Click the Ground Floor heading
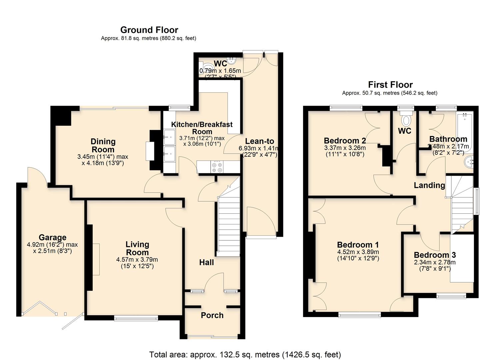coord(149,30)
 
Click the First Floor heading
coord(390,85)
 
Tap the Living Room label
coord(137,248)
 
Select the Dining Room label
coord(103,145)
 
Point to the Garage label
coord(52,237)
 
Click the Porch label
coord(212,315)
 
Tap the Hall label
coord(206,262)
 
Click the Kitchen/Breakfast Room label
coord(202,128)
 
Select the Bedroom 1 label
coord(358,245)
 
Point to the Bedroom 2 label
coord(345,140)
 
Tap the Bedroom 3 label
coord(435,255)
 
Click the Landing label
coord(429,185)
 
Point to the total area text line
coord(245,354)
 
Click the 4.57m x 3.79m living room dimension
coord(137,260)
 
